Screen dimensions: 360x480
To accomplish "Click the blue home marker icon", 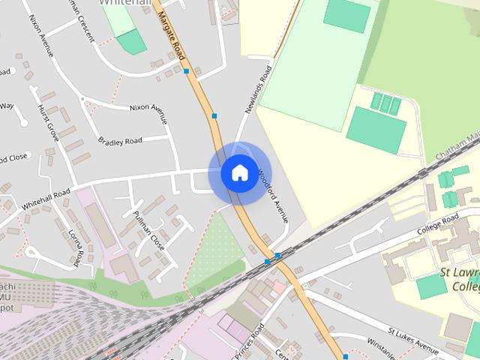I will (239, 173).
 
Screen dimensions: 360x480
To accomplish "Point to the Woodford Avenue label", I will (273, 194).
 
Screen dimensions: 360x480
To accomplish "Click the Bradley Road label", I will (120, 141).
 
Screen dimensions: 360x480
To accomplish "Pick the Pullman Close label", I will (147, 232).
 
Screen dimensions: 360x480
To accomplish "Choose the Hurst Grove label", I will (48, 123).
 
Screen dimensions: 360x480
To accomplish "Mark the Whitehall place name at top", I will (123, 3).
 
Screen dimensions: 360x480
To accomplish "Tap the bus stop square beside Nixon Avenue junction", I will (214, 115).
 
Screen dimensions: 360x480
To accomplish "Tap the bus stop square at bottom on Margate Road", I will (345, 356).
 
